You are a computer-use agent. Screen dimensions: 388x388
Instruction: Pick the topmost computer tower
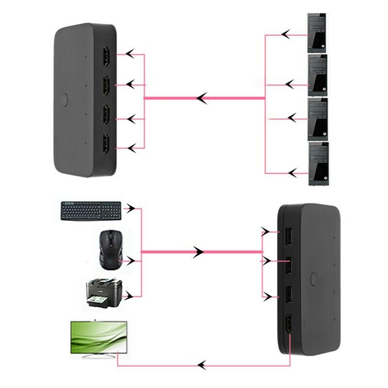coord(318,33)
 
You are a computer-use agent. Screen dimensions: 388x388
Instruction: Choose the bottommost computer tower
coord(318,164)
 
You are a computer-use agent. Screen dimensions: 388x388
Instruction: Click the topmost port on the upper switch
coord(105,57)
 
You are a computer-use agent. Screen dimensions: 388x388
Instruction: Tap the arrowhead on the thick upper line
coord(203,98)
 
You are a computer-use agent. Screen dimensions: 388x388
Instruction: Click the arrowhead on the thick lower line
coord(198,252)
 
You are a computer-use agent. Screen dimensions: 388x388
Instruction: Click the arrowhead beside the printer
coord(129,295)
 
